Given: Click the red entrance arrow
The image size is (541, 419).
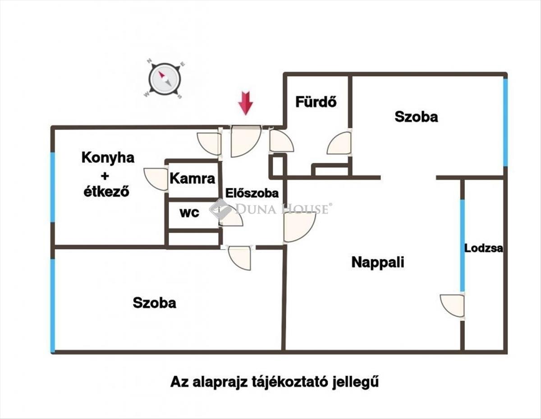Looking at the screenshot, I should (x=245, y=103).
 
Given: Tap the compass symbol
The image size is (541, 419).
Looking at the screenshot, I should (x=165, y=79).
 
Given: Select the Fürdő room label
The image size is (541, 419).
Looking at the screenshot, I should (x=316, y=102).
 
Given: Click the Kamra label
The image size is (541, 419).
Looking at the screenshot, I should (x=193, y=178).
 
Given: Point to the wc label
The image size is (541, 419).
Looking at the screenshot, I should (x=189, y=213).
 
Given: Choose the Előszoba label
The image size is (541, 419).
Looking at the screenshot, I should (x=252, y=193).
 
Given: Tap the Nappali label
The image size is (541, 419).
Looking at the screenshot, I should (x=377, y=262).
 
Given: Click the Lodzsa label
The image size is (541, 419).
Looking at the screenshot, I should (x=484, y=248).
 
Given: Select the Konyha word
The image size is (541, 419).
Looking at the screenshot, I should (x=108, y=158).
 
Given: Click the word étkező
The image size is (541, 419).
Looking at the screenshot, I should (x=107, y=191).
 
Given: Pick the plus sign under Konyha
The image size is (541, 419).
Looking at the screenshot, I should (x=107, y=175).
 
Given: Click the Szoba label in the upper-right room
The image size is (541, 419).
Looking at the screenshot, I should (x=416, y=116).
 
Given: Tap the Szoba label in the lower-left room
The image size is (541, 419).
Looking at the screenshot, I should (x=154, y=303).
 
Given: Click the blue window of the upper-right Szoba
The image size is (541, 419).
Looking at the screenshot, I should (x=505, y=122).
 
